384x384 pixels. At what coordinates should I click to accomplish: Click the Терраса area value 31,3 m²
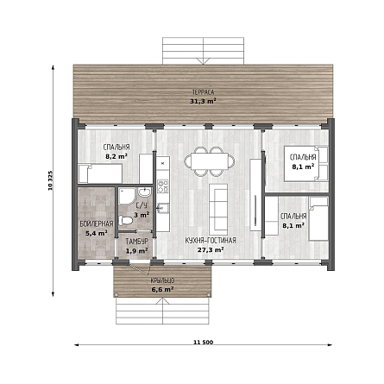(203, 101)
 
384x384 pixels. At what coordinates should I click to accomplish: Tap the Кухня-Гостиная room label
(211, 241)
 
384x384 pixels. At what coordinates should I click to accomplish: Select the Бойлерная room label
(97, 223)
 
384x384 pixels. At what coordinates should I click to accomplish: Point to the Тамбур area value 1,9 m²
(137, 251)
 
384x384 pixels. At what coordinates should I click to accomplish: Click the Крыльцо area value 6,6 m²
(162, 289)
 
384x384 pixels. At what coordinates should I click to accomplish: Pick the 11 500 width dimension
(204, 343)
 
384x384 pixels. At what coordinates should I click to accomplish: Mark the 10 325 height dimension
(50, 180)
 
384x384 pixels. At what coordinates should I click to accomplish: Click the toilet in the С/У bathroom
(125, 221)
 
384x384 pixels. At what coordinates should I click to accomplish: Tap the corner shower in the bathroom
(127, 197)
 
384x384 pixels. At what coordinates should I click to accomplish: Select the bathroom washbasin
(144, 192)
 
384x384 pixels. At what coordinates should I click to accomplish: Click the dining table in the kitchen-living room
(209, 161)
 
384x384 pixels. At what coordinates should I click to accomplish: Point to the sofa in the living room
(218, 210)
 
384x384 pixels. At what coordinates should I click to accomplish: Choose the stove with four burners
(163, 186)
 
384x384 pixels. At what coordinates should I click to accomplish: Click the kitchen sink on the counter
(163, 208)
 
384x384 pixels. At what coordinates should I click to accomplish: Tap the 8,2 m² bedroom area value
(116, 156)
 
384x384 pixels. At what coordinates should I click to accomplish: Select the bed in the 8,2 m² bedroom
(100, 173)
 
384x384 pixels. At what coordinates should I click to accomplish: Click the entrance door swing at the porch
(141, 269)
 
